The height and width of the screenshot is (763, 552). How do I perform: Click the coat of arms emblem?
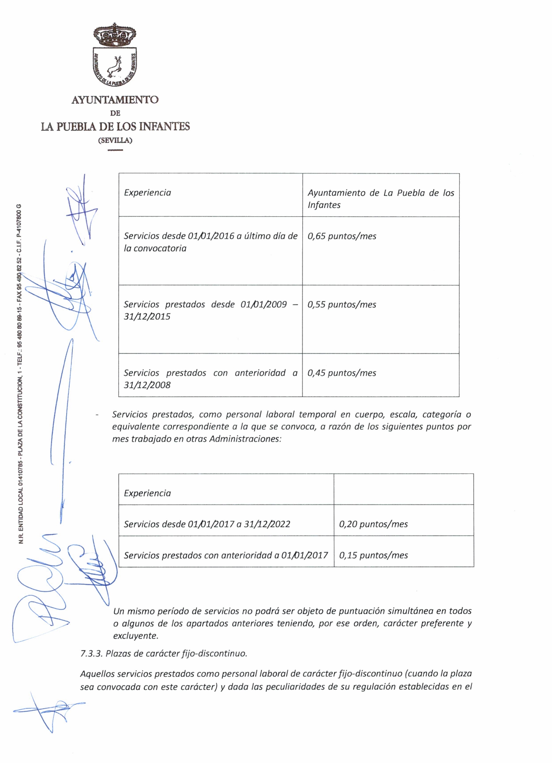pos(115,55)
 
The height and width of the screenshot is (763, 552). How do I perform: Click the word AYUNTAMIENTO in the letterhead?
pos(115,100)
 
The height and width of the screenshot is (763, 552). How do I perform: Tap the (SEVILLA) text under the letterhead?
pos(115,140)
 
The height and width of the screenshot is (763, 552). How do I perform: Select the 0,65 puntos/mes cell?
pos(342,236)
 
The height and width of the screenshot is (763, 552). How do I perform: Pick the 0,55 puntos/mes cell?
pos(342,304)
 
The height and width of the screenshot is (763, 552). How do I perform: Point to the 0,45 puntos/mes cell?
pos(342,373)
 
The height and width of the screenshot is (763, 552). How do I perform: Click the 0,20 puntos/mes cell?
pos(373,524)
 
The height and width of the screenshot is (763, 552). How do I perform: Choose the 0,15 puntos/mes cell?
pos(373,555)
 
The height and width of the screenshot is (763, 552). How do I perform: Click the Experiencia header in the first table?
pos(147,192)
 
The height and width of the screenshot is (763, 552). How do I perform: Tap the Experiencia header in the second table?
pos(147,493)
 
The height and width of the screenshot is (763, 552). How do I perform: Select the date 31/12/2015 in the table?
pos(147,316)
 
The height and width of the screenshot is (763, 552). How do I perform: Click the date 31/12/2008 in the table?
pos(147,385)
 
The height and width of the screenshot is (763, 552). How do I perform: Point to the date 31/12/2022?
pos(267,524)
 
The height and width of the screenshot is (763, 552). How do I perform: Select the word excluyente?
pos(135,636)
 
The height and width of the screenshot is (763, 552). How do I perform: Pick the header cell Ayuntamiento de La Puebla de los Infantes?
pos(381,199)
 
